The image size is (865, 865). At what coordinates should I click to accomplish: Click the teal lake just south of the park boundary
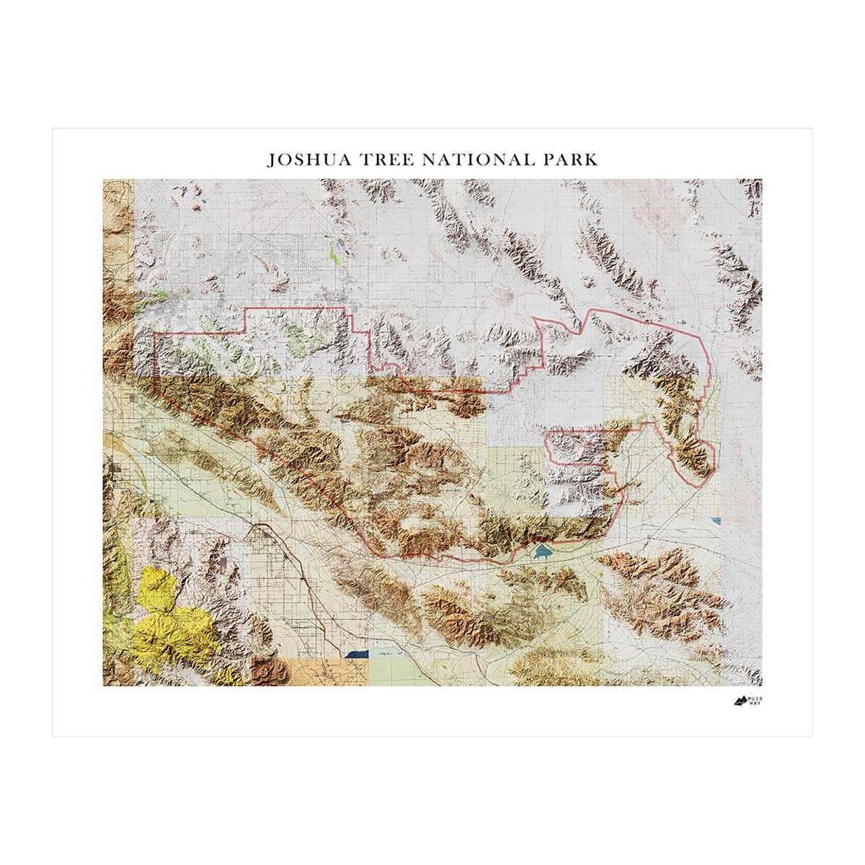pos(541,552)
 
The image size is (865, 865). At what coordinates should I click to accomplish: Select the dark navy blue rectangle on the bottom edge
pos(357,654)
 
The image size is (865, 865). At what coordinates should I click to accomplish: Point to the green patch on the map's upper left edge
pos(155,297)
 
